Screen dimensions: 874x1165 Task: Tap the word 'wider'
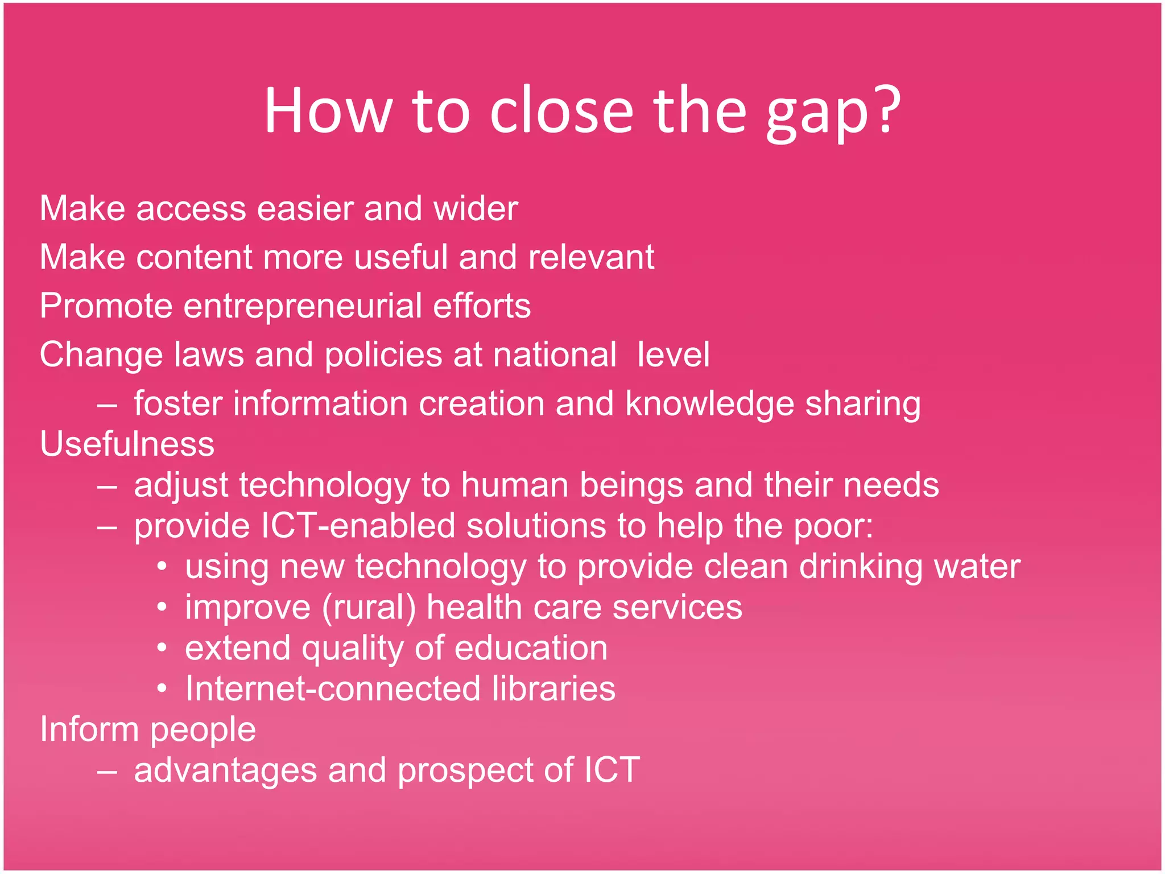pos(476,208)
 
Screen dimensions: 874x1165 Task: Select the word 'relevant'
pos(591,257)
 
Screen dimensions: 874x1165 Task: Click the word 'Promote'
pos(106,306)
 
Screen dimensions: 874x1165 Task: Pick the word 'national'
pos(555,355)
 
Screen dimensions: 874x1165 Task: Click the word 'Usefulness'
pos(127,444)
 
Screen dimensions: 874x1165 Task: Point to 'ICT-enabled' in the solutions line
pos(358,526)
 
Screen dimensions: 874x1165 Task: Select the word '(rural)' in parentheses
pos(369,608)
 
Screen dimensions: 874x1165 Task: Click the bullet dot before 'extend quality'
pos(162,649)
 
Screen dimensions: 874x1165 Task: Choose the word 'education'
pos(531,649)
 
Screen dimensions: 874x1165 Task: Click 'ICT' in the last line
pos(612,770)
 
